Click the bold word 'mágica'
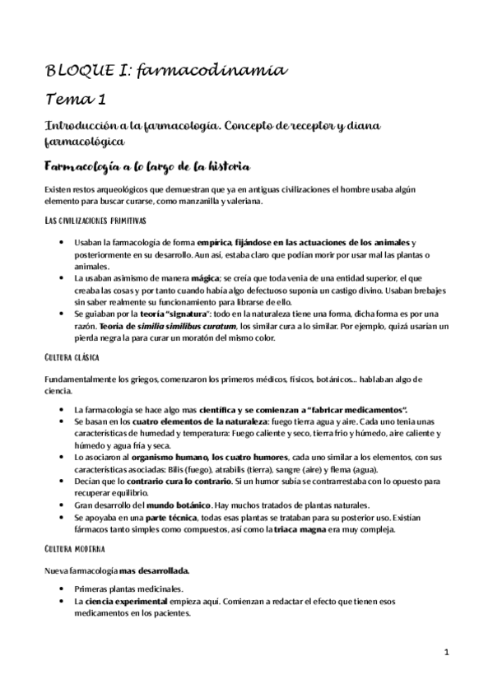tap(207, 278)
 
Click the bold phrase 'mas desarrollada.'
tap(154, 570)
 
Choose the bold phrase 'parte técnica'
tap(170, 517)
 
